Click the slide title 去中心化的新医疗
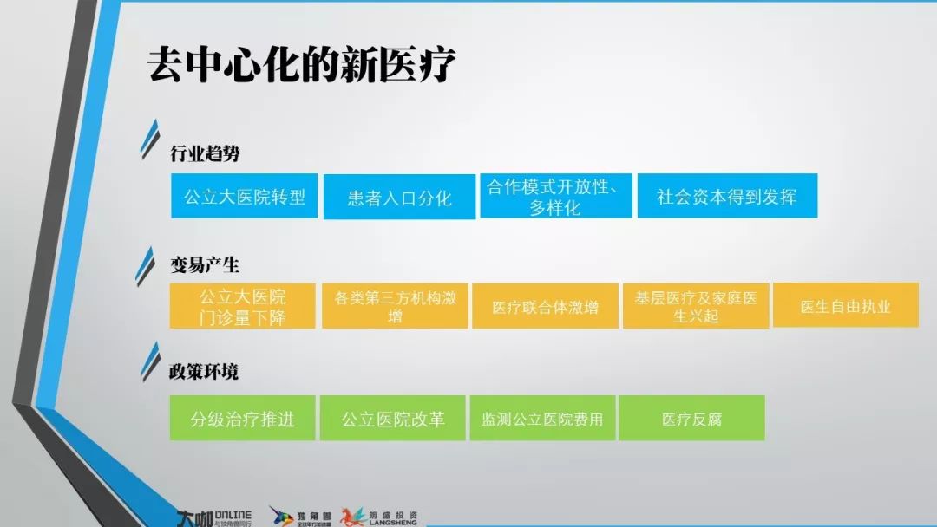click(301, 64)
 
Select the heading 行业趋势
click(205, 153)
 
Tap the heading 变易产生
click(205, 264)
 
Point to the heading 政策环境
click(204, 371)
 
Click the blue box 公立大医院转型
click(244, 196)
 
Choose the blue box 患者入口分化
click(399, 197)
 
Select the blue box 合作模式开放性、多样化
click(556, 197)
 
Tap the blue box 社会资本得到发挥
click(727, 196)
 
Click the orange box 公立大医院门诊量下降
click(242, 306)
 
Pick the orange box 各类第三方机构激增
click(395, 306)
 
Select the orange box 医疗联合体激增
click(545, 306)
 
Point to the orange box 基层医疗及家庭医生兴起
click(696, 306)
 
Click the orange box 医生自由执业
click(846, 305)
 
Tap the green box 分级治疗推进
click(242, 418)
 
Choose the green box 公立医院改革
click(393, 418)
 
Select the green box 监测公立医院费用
click(542, 418)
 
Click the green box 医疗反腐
click(691, 418)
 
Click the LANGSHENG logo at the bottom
click(379, 517)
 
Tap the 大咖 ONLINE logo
click(214, 518)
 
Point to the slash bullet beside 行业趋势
click(150, 140)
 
